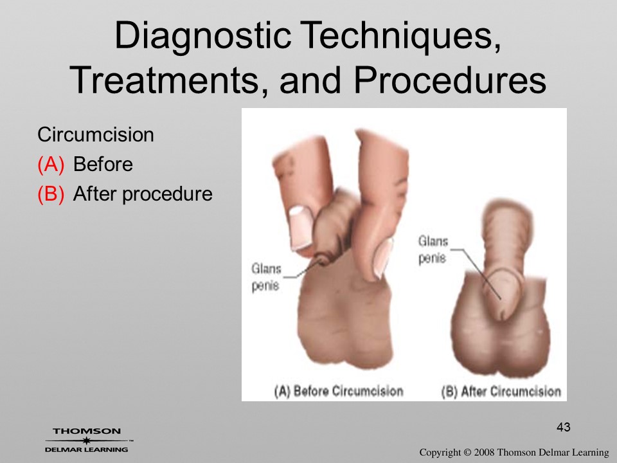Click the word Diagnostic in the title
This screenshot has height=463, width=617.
pyautogui.click(x=202, y=36)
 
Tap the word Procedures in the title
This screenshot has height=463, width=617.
pyautogui.click(x=450, y=80)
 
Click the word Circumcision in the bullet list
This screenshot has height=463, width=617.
pyautogui.click(x=96, y=134)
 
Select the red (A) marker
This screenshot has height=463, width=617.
pyautogui.click(x=51, y=164)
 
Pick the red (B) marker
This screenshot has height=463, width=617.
pyautogui.click(x=51, y=194)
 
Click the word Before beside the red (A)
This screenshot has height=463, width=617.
pyautogui.click(x=103, y=164)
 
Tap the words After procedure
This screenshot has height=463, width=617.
pyautogui.click(x=143, y=194)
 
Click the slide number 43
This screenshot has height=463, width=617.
pyautogui.click(x=564, y=427)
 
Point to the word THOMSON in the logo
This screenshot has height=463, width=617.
pyautogui.click(x=87, y=431)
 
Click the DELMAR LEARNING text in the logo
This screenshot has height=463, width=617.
pyautogui.click(x=87, y=449)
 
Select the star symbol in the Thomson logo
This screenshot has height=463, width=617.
pyautogui.click(x=86, y=440)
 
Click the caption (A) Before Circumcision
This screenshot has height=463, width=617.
pyautogui.click(x=339, y=391)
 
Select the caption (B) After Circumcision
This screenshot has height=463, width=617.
pyautogui.click(x=501, y=392)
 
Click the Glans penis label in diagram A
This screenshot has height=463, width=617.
pyautogui.click(x=266, y=277)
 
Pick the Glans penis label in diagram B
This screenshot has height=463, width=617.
pyautogui.click(x=433, y=250)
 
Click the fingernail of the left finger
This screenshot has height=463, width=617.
pyautogui.click(x=301, y=228)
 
